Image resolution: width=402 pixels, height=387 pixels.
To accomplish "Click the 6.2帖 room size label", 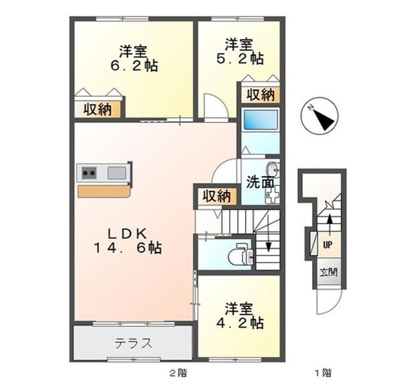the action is [x=134, y=66].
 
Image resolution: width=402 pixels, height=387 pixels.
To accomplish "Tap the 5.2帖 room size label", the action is [x=240, y=58].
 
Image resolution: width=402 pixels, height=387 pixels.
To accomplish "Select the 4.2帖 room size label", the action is [x=240, y=323].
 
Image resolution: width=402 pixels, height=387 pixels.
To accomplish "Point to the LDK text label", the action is [x=128, y=234].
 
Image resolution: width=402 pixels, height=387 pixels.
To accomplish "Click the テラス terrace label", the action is [x=133, y=344].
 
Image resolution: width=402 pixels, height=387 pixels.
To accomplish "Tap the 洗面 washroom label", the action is [x=260, y=182].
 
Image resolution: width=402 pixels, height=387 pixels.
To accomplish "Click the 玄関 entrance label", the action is [x=329, y=272].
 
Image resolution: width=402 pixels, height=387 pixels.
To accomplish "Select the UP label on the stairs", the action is [x=327, y=245].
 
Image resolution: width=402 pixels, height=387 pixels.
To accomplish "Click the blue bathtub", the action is [x=261, y=120].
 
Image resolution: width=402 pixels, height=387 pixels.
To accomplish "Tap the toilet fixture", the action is [x=241, y=254].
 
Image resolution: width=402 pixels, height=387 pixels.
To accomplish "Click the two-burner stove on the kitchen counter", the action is [x=89, y=173].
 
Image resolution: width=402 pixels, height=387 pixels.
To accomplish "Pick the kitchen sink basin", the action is [x=117, y=173].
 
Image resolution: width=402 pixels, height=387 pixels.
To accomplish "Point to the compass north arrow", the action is [x=323, y=119].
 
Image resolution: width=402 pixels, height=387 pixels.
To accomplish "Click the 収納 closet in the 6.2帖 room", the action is [x=97, y=109].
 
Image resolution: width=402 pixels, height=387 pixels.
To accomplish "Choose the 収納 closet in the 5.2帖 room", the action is [x=261, y=95].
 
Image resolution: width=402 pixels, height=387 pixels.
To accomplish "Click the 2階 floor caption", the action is [x=178, y=373].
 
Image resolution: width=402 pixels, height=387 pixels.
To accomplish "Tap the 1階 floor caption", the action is [x=323, y=373].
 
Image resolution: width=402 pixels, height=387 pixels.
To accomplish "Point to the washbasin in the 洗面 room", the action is [x=273, y=168].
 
